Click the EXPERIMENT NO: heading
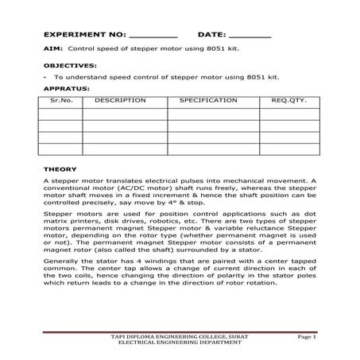83,36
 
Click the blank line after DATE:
250,37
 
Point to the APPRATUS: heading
66,88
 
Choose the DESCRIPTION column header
120,101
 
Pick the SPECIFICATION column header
208,101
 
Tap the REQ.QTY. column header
288,101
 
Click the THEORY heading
60,169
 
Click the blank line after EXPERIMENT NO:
153,37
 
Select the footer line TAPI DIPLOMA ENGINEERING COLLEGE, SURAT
180,338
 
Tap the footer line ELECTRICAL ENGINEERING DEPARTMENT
180,344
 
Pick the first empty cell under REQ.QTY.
288,113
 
